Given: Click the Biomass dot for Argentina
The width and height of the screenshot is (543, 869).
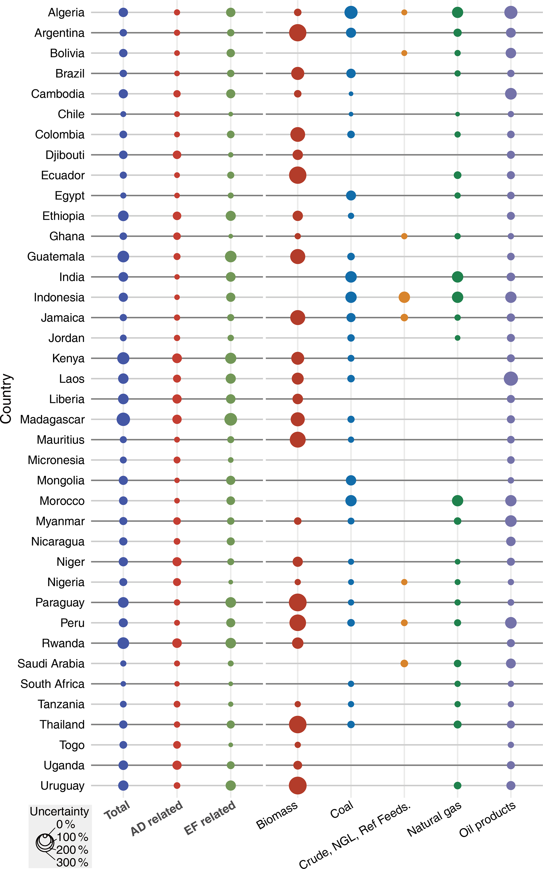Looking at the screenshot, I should pyautogui.click(x=297, y=33).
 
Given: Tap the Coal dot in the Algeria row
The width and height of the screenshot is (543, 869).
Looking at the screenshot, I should pyautogui.click(x=351, y=12).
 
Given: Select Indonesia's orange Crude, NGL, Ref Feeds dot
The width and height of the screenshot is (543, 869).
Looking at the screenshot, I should pyautogui.click(x=404, y=297).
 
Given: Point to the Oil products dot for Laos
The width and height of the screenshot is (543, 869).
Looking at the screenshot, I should pyautogui.click(x=511, y=378).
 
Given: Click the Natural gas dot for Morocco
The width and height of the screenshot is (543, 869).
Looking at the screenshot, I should pyautogui.click(x=457, y=501).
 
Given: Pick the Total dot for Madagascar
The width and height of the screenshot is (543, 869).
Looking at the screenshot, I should pyautogui.click(x=123, y=419).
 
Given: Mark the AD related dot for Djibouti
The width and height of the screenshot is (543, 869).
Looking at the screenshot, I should pyautogui.click(x=177, y=155).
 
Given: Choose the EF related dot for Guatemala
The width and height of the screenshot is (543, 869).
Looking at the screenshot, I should pyautogui.click(x=231, y=256).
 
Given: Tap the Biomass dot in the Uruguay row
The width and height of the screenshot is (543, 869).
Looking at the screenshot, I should pyautogui.click(x=297, y=785).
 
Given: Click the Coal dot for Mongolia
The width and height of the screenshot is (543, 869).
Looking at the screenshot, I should pyautogui.click(x=351, y=480).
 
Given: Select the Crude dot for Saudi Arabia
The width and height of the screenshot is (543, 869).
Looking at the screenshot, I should pyautogui.click(x=404, y=663).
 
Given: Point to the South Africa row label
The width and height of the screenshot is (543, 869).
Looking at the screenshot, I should pyautogui.click(x=53, y=684).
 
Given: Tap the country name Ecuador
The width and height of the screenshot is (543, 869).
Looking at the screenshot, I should pyautogui.click(x=63, y=175).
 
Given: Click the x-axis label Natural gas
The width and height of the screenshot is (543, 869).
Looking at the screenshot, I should pyautogui.click(x=434, y=819).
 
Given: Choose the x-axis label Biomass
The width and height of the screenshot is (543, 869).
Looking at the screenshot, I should pyautogui.click(x=277, y=815).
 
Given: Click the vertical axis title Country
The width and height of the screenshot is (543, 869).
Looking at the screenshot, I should pyautogui.click(x=7, y=398).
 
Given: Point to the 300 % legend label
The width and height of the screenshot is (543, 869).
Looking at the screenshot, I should pyautogui.click(x=72, y=862).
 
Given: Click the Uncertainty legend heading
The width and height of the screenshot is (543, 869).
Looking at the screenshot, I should pyautogui.click(x=59, y=812).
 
